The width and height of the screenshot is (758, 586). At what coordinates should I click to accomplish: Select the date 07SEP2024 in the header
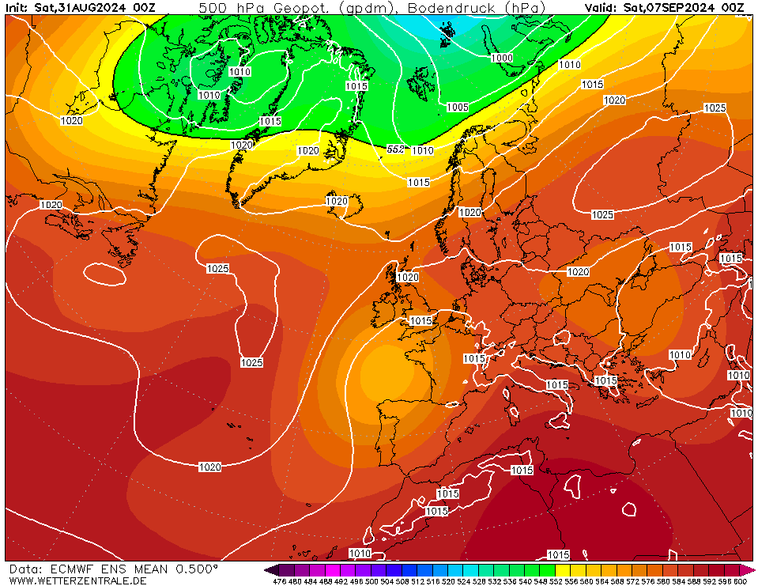pyautogui.click(x=692, y=8)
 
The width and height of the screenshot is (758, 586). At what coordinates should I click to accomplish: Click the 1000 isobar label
pyautogui.click(x=501, y=59)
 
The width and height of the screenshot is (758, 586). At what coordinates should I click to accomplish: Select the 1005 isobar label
pyautogui.click(x=458, y=108)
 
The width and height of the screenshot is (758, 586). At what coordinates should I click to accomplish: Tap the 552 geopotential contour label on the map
pyautogui.click(x=396, y=149)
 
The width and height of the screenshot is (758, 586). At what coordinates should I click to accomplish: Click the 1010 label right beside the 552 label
pyautogui.click(x=423, y=150)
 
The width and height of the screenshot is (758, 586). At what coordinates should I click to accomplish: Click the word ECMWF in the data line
pyautogui.click(x=73, y=569)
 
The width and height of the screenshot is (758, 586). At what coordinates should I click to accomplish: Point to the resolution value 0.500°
pyautogui.click(x=191, y=569)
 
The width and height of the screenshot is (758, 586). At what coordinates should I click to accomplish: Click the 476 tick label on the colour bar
pyautogui.click(x=279, y=581)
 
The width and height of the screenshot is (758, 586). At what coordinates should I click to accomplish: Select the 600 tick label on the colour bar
pyautogui.click(x=740, y=581)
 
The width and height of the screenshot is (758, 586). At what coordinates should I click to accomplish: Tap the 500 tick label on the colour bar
pyautogui.click(x=371, y=581)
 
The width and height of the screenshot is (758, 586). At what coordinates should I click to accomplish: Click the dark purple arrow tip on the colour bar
pyautogui.click(x=271, y=569)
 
